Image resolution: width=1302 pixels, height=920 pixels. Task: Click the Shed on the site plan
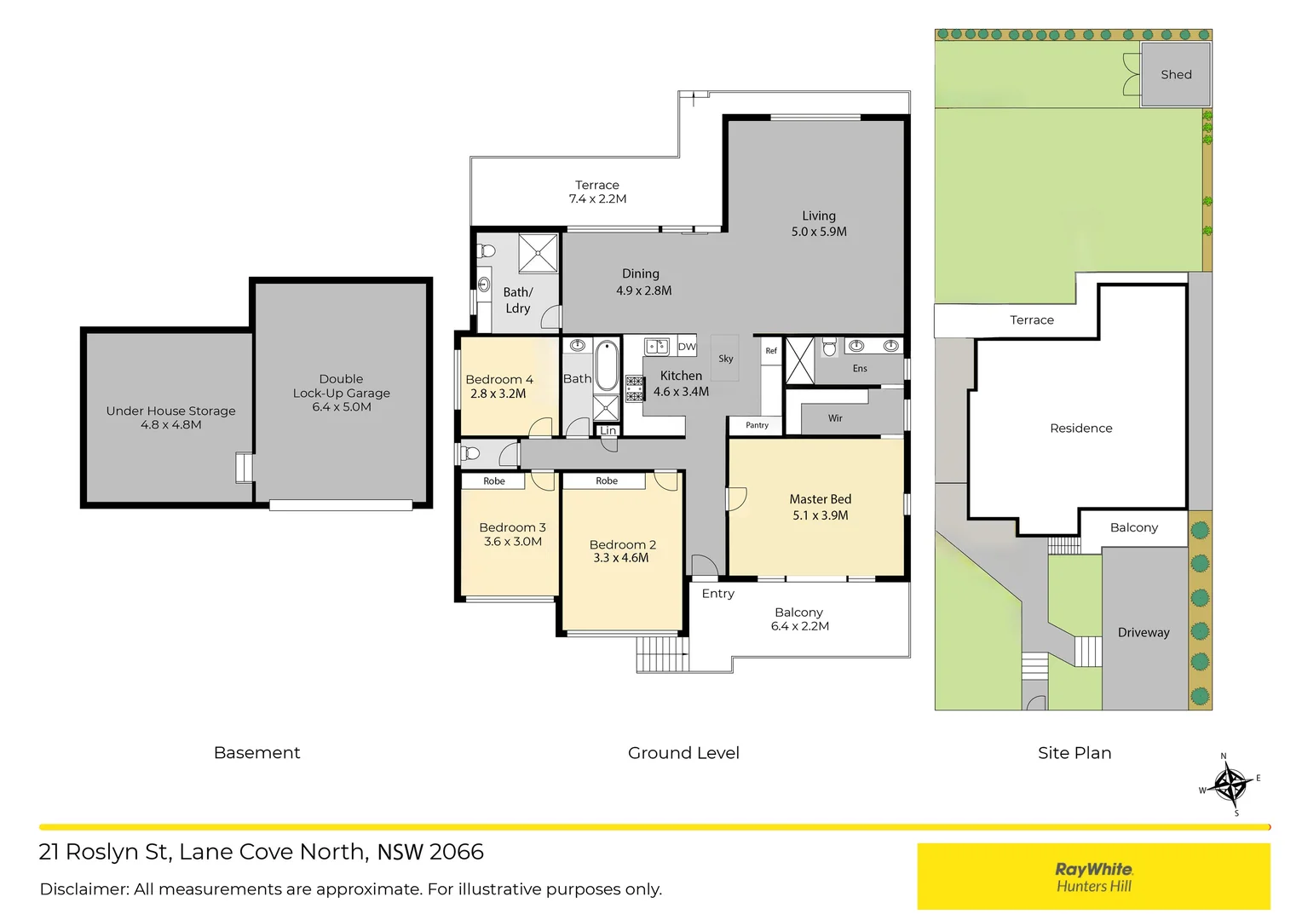1175,75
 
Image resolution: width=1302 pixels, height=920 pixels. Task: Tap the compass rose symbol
1230,785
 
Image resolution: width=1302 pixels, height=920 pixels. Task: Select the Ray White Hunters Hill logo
1093,877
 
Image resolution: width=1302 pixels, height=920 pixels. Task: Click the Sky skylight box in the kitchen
725,359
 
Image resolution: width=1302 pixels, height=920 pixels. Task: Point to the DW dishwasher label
687,347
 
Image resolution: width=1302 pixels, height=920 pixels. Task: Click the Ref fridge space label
771,351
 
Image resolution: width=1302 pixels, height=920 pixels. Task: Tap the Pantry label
757,425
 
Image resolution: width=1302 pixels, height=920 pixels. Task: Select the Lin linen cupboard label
608,431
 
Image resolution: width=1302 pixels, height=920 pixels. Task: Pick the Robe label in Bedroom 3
494,481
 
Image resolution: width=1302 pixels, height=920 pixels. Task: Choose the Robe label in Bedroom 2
607,481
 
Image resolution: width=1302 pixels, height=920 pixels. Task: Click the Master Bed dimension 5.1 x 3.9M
820,515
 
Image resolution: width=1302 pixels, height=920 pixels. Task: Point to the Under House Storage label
170,411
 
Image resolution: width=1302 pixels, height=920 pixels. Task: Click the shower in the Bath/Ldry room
539,252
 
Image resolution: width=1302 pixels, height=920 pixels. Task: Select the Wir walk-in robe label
835,418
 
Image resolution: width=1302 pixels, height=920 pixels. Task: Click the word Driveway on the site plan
1144,632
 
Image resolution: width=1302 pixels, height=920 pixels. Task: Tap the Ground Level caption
683,753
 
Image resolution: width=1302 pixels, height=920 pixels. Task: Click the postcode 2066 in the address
457,852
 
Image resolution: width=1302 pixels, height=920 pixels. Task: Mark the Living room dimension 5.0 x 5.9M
819,232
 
